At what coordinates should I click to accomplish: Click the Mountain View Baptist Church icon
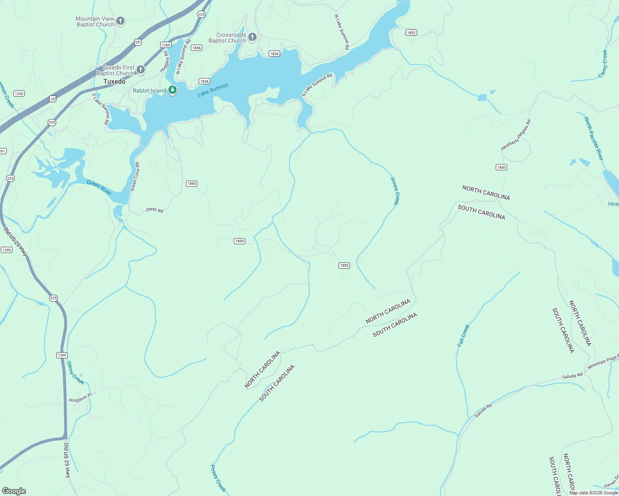point(120,21)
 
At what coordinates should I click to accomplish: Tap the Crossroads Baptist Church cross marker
point(252,37)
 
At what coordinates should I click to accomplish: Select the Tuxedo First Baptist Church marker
point(141,70)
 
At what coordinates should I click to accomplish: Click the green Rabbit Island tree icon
point(173,90)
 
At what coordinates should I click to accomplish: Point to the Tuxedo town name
point(114,81)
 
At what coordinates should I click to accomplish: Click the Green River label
point(99,187)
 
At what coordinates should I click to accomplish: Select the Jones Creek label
point(395,191)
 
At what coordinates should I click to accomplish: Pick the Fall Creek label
point(463,336)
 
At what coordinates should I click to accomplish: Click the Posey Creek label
point(218,478)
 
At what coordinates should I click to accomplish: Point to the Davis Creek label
point(75,373)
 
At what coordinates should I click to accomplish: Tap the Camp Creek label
point(603,64)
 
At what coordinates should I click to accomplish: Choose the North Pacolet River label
point(594,139)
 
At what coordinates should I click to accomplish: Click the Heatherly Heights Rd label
point(516,135)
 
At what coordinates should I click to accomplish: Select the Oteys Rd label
point(154,210)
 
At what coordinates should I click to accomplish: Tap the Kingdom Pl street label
point(80,398)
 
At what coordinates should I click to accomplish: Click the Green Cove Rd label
point(135,177)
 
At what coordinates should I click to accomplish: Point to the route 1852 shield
point(411,32)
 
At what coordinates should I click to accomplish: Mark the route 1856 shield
point(197,48)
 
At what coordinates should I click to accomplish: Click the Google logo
point(14,491)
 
